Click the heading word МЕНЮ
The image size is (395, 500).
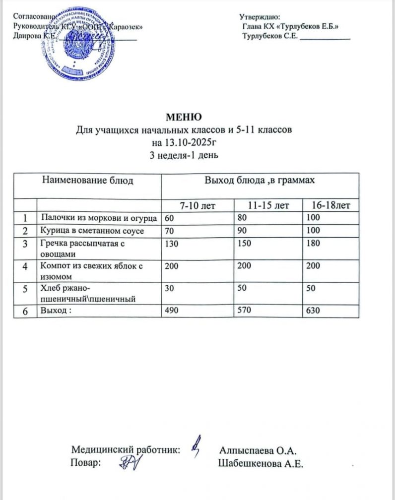pos(183,118)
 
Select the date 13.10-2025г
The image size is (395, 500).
pos(184,143)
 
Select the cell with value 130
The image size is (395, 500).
pos(170,244)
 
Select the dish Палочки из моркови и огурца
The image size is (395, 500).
pos(99,218)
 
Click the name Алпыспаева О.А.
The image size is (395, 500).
pos(258,450)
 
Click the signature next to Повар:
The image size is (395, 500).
pos(132,463)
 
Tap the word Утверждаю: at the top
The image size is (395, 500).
pos(260,17)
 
